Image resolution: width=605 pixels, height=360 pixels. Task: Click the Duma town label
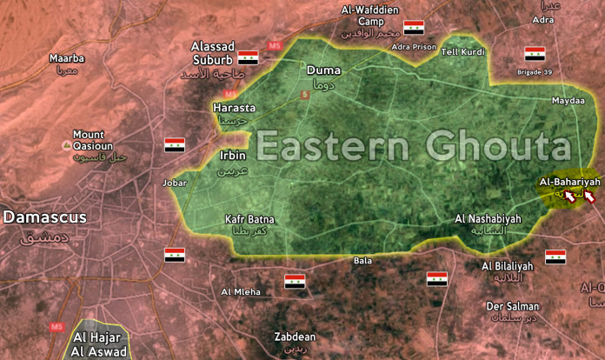[322, 70]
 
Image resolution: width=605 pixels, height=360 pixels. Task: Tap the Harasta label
[234, 108]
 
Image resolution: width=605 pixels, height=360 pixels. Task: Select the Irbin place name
[233, 156]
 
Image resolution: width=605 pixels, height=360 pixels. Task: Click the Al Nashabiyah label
[488, 219]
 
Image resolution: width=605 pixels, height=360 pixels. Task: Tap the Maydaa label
[568, 101]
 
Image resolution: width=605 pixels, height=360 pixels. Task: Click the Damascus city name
[44, 217]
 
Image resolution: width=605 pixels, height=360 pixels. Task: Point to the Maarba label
[66, 58]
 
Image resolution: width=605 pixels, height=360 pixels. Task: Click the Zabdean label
[294, 337]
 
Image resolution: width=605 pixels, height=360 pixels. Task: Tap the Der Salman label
[512, 306]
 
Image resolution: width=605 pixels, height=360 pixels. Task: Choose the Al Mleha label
[241, 291]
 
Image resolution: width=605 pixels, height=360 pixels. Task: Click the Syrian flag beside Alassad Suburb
[249, 57]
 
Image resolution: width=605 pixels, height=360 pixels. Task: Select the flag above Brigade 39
[535, 54]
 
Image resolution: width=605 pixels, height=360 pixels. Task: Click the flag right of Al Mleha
[296, 282]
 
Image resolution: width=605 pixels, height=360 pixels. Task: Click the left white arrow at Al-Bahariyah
[570, 197]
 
